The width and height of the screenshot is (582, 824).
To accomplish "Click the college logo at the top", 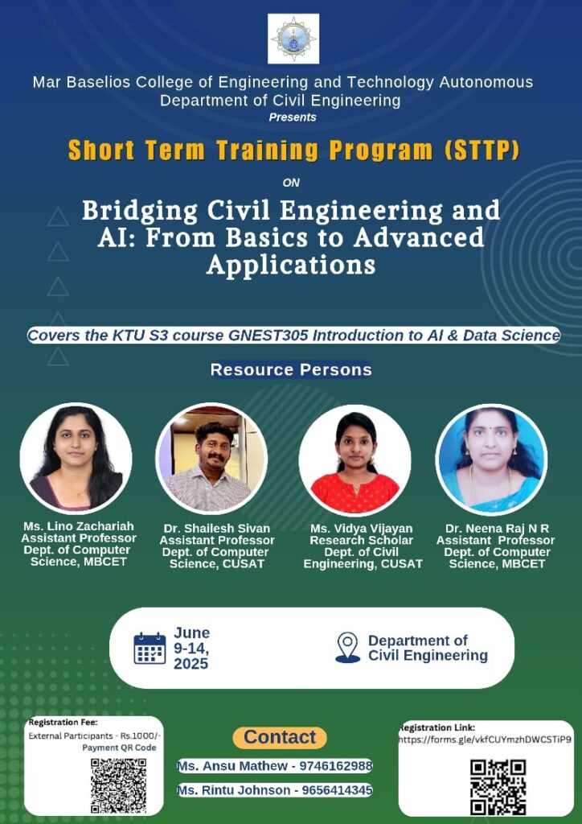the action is click(293, 39).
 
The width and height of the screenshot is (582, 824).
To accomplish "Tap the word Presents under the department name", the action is click(293, 117).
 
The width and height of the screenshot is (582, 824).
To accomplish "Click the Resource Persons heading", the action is click(291, 369).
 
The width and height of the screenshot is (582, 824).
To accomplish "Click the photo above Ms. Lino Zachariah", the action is click(76, 458).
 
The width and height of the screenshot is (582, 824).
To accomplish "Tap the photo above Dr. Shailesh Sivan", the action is click(211, 458).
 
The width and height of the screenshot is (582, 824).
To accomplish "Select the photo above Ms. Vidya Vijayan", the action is click(355, 459).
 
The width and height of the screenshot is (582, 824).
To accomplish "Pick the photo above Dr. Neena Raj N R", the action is click(491, 459).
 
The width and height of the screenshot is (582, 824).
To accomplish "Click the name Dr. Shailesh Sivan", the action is click(217, 529).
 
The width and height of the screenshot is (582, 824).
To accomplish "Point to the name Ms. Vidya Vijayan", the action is click(361, 528).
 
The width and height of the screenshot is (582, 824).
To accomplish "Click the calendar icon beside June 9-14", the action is click(150, 649).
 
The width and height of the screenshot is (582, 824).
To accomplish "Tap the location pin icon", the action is click(348, 648).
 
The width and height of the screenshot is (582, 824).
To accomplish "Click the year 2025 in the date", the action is click(191, 664).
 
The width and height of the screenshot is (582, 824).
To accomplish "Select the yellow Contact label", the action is click(280, 737).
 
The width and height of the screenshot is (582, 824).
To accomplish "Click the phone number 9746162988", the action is click(336, 766).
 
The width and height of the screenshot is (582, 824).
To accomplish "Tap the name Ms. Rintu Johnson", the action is click(234, 790).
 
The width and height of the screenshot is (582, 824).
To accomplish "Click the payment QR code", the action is click(119, 785).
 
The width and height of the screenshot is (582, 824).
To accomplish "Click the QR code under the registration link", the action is click(498, 787).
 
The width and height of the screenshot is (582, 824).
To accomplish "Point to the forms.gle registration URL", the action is click(485, 739).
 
